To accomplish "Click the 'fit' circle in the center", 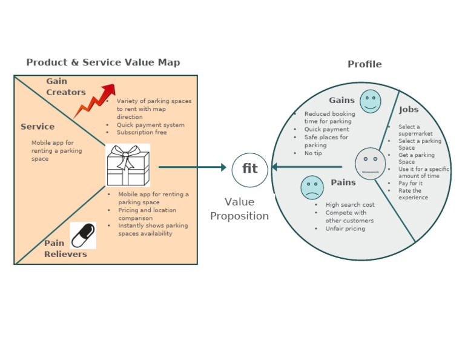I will (x=249, y=169).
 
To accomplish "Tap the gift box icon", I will (x=127, y=165).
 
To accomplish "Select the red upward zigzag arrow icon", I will (x=94, y=100).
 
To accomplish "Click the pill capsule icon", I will (x=83, y=235).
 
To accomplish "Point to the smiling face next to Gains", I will (x=370, y=101).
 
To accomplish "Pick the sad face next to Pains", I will (x=312, y=187).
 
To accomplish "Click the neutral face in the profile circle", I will (x=370, y=163).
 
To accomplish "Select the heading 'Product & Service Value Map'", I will (x=103, y=62).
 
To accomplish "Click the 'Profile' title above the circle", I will (x=364, y=64).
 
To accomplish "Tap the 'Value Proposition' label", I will (x=239, y=209).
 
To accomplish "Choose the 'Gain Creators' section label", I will (x=66, y=87).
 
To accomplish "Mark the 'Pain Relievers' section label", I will (x=65, y=248).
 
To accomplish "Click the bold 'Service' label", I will (x=38, y=127).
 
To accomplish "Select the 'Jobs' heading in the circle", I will (x=409, y=110).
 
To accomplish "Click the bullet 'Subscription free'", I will (x=142, y=132).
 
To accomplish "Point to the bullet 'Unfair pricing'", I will (x=345, y=228).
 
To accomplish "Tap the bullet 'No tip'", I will (x=313, y=153).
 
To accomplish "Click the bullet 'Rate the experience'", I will (x=413, y=194).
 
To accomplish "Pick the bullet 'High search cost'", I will (x=349, y=205).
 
